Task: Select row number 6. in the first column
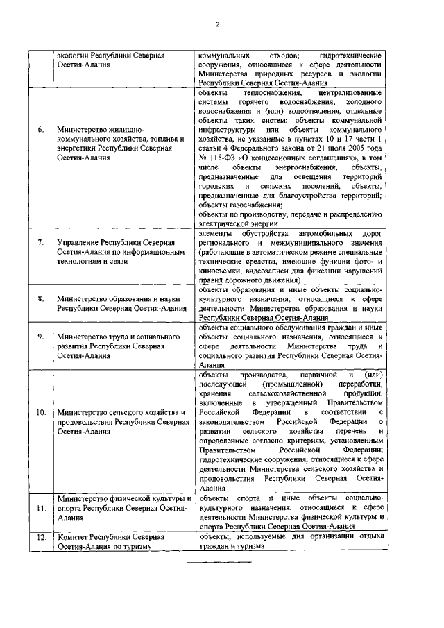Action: [x=41, y=129]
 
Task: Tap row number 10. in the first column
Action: [x=41, y=412]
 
